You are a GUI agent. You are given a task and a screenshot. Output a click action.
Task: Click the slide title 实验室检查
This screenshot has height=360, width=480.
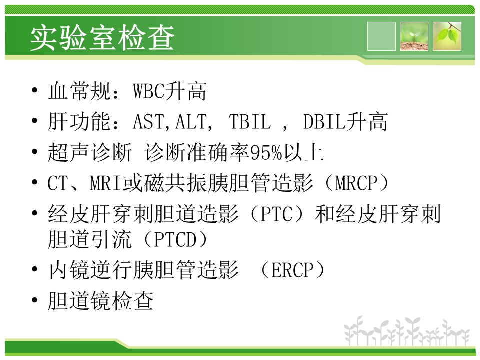102,38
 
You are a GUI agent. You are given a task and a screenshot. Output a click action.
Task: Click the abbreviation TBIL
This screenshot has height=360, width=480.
250,122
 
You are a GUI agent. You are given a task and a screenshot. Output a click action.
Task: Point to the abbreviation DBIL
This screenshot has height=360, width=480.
324,122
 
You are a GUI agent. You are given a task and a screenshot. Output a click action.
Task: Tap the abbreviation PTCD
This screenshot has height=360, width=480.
175,239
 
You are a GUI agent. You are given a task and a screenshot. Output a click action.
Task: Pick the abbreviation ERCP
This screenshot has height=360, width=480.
292,270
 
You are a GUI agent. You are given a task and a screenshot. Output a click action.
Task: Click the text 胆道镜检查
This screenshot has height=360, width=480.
100,301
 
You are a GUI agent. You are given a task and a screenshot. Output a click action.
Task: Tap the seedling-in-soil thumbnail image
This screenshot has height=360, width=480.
414,36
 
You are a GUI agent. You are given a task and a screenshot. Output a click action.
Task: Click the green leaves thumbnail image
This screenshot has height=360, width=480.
447,36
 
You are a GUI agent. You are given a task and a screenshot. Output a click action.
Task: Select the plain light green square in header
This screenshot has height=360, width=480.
381,36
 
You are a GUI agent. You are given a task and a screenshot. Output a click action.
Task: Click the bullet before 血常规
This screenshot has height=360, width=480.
35,90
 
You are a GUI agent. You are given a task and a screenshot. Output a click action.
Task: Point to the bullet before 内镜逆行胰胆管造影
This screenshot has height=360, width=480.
35,269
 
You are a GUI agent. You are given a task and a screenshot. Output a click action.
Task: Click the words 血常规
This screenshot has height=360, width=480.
79,91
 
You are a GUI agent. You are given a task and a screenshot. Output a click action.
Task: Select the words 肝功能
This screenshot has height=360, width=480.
79,122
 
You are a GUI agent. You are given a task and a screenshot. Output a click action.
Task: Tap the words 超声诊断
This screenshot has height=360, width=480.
90,153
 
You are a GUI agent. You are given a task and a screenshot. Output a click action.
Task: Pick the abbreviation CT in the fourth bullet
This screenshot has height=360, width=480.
57,183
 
